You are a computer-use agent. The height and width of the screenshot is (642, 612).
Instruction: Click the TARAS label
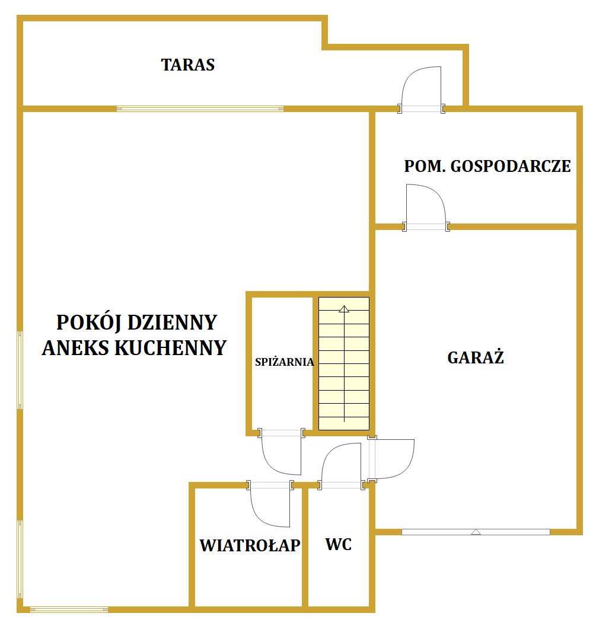(187, 65)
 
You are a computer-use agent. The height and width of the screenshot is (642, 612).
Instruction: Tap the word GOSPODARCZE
(511, 166)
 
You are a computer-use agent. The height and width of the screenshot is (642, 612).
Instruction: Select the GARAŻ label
(475, 357)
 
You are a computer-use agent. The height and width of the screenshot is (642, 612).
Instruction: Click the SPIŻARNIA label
(284, 362)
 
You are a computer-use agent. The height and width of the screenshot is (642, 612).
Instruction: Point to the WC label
(339, 545)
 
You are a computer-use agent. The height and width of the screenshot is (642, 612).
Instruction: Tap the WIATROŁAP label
(250, 545)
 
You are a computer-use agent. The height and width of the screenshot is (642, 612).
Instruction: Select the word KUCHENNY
(170, 348)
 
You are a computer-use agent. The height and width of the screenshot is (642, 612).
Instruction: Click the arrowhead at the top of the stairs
(344, 309)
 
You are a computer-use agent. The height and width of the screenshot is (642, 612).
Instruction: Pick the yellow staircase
(344, 363)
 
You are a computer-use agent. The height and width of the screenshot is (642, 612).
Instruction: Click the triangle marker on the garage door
(476, 532)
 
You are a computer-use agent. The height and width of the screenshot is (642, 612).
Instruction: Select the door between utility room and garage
(426, 205)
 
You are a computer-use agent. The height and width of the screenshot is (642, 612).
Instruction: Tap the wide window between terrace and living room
(200, 109)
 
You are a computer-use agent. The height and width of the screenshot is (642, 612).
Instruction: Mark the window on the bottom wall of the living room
(69, 609)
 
